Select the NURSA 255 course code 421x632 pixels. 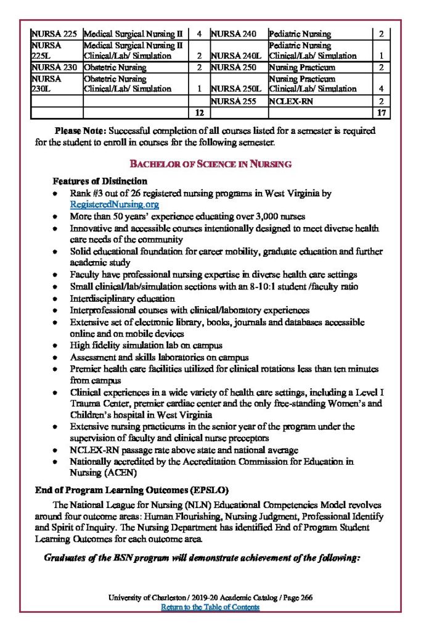234,101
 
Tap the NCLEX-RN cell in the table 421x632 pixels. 289,101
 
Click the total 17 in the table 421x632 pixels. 381,113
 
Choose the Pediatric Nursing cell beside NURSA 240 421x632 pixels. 300,34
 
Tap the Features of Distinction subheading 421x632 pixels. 100,181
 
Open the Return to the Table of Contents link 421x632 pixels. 210,607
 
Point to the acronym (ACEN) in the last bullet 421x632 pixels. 124,473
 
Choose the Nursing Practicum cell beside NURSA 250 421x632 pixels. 302,67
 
